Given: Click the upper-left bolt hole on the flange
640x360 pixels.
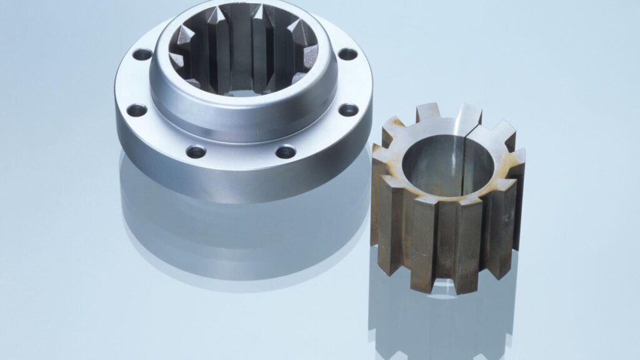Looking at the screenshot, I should point(142,54).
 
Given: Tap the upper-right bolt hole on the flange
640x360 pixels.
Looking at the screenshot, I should point(347,54).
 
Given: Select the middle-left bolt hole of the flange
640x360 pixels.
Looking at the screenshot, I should point(136,111).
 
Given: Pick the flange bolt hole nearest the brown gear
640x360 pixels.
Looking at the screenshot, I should point(349,110).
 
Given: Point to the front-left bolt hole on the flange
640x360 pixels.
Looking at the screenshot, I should point(196,151).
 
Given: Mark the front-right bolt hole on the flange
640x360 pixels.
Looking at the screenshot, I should point(286,151).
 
